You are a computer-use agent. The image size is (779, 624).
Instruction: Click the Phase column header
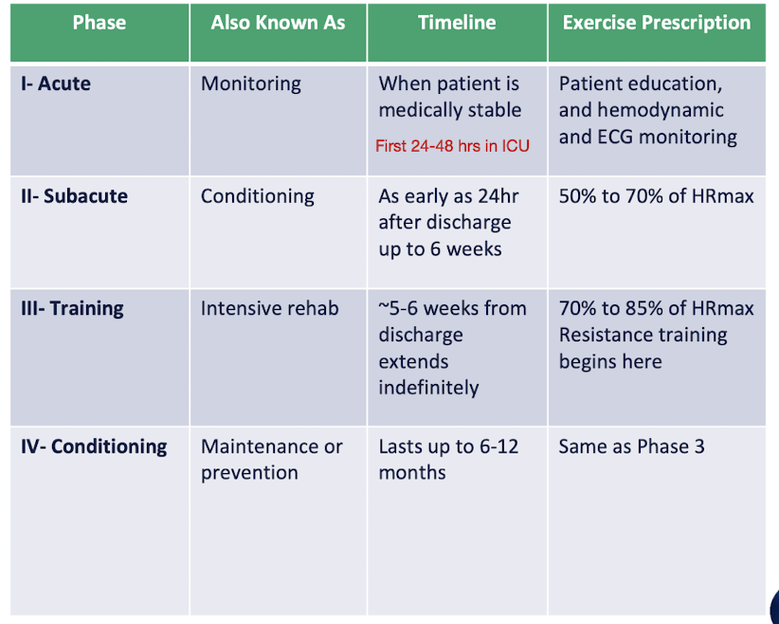99,23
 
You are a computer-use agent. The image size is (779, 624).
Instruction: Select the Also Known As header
278,23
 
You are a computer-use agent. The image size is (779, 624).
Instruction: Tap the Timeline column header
457,23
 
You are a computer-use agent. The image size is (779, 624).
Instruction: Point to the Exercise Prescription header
657,23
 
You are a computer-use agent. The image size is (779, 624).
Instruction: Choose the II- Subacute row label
74,196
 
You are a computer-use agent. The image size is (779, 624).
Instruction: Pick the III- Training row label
72,308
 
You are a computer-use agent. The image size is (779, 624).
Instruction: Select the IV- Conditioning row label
94,447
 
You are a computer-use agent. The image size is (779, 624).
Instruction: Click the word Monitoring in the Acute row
251,83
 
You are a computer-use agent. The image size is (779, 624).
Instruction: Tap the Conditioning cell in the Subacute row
258,196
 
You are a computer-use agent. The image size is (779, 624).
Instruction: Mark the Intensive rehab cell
270,308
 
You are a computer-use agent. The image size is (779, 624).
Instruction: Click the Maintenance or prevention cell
272,459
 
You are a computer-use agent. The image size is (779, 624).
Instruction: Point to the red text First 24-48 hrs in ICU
452,146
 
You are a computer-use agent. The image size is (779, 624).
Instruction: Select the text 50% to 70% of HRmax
656,196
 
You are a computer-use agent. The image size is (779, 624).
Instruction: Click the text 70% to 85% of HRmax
656,308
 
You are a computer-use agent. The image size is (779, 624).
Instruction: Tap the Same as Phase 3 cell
631,447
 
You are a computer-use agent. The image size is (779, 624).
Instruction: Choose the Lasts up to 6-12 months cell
448,459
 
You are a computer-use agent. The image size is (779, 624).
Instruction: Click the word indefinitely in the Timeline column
428,388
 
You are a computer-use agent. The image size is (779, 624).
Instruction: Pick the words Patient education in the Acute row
640,83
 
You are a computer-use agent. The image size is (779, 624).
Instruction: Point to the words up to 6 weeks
440,249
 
